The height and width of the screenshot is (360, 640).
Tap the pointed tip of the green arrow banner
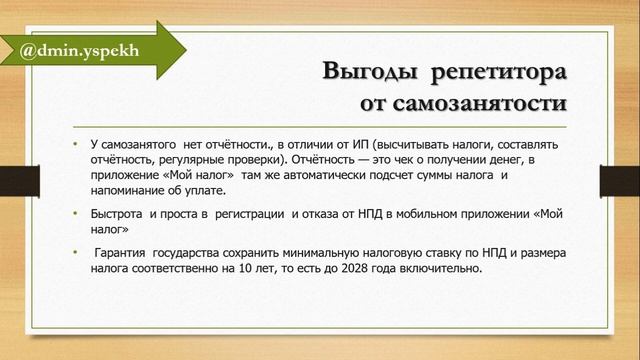pos(184,47)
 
